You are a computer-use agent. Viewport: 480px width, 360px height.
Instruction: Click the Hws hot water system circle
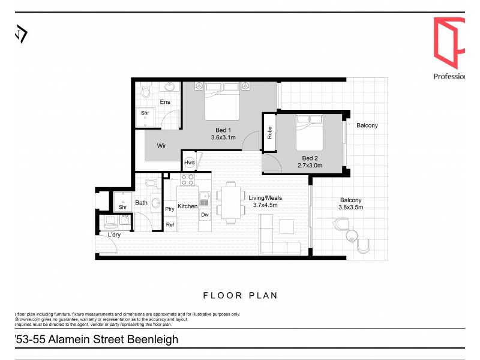[x=190, y=163]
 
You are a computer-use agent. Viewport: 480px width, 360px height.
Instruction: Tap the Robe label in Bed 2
[x=270, y=133]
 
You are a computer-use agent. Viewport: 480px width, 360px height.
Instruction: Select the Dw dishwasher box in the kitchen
[x=205, y=214]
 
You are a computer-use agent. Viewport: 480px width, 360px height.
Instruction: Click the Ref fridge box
[x=170, y=225]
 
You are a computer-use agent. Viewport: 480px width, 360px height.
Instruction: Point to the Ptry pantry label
[x=170, y=209]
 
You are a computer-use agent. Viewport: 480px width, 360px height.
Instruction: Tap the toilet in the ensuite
[x=146, y=92]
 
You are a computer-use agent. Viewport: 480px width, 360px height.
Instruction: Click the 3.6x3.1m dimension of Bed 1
[x=223, y=137]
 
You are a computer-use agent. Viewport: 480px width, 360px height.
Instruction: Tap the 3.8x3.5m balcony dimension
[x=352, y=208]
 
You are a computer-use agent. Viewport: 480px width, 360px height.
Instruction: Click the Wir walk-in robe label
[x=161, y=145]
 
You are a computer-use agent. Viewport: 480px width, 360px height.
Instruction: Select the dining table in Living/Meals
[x=231, y=202]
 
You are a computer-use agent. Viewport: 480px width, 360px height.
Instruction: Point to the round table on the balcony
[x=342, y=226]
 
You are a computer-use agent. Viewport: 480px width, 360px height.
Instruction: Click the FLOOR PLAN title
[x=240, y=295]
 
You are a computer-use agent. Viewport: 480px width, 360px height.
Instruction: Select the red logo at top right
[x=449, y=42]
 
